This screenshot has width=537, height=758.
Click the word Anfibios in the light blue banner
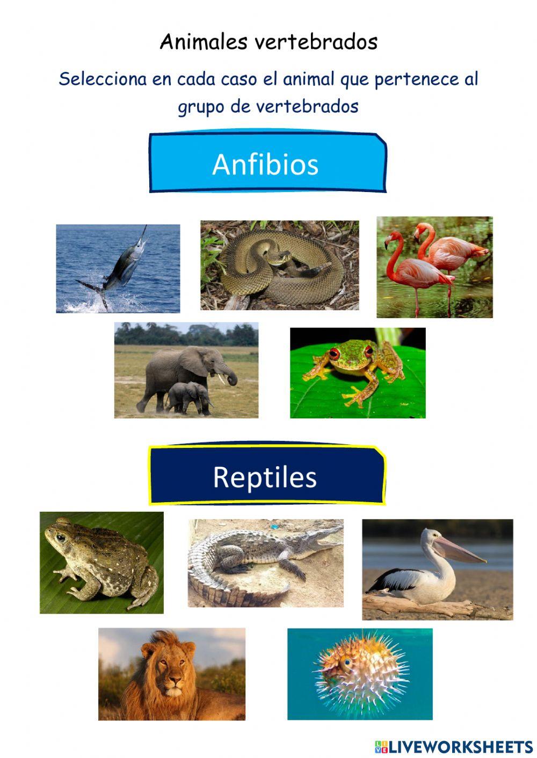point(265,164)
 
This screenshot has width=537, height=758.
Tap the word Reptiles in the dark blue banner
point(265,477)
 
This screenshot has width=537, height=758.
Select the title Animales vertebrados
point(268,42)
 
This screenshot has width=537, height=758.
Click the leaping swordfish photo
point(118,268)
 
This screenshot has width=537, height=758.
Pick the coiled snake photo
point(279,265)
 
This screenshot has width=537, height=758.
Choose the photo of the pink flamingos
point(434,267)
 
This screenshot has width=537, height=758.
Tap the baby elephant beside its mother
point(186,397)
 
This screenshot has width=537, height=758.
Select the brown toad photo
point(101,562)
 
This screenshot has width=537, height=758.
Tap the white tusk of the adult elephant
point(221,379)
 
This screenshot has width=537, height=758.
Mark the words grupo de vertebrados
point(268,106)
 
